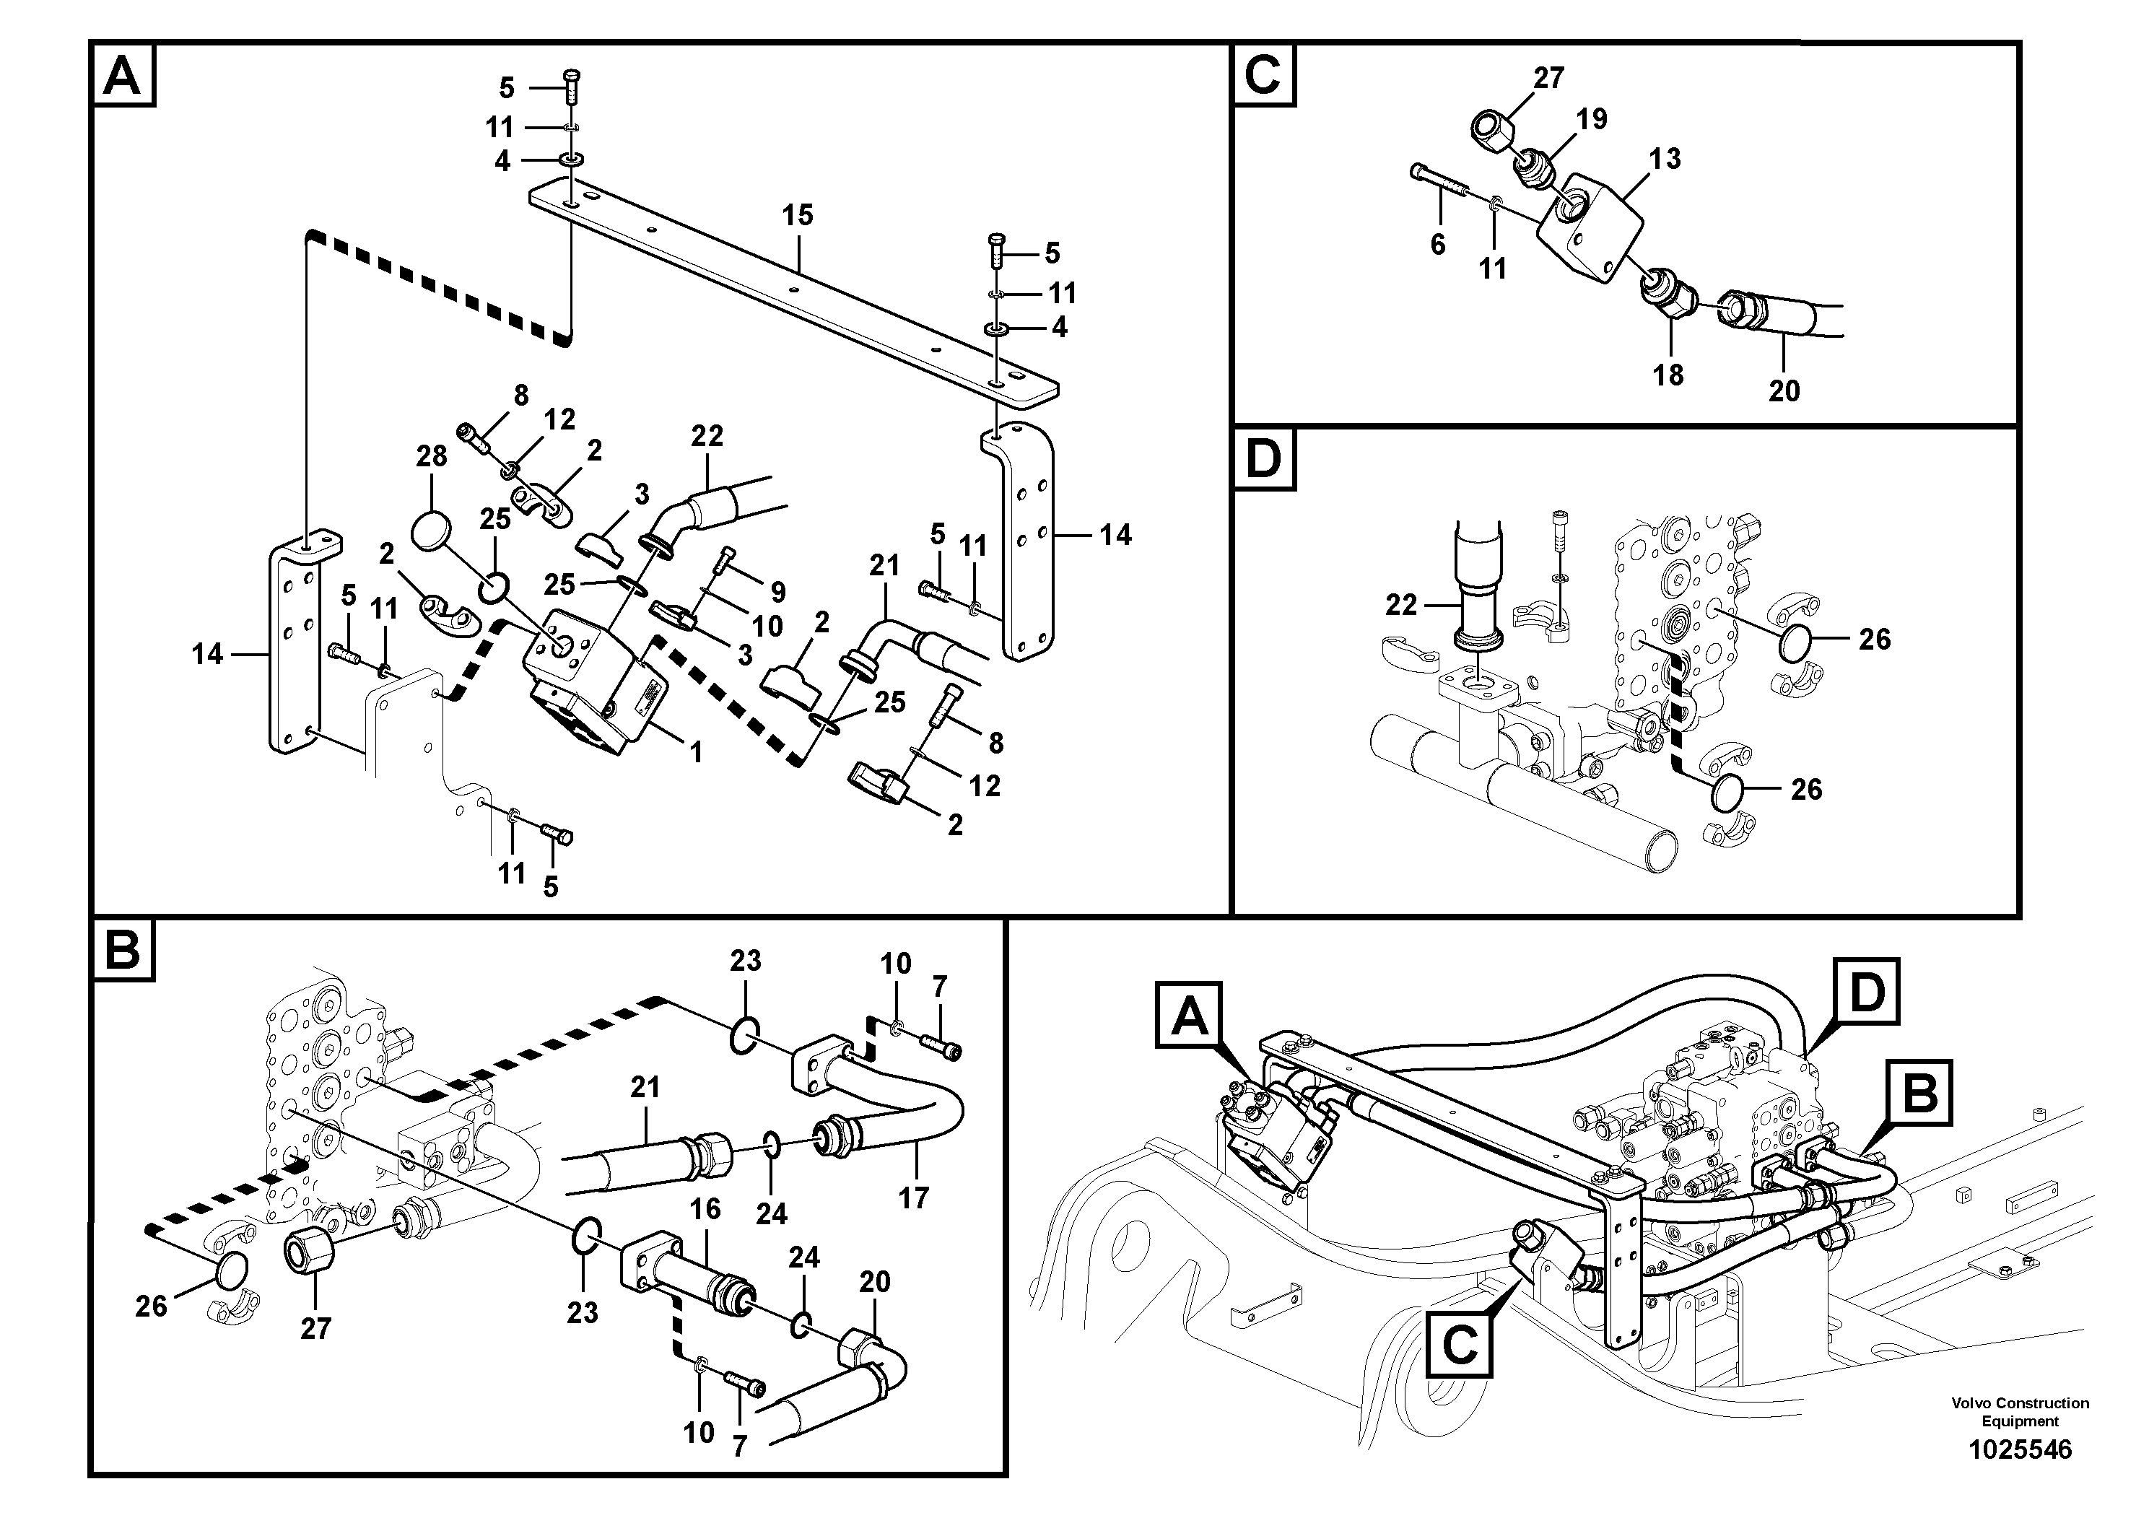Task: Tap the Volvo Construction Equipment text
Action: [x=2020, y=1411]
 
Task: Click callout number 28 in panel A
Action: [x=432, y=457]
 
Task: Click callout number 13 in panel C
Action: [x=1665, y=158]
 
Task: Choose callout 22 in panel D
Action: [x=1401, y=606]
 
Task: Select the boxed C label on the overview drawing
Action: [x=1459, y=1345]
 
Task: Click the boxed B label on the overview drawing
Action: [x=1919, y=1092]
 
